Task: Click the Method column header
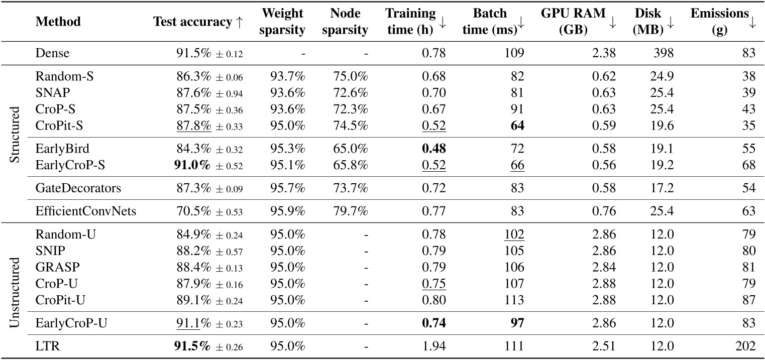point(58,22)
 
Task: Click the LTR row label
point(45,346)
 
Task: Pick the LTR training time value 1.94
point(435,346)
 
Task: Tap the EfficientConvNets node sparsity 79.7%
point(351,210)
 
